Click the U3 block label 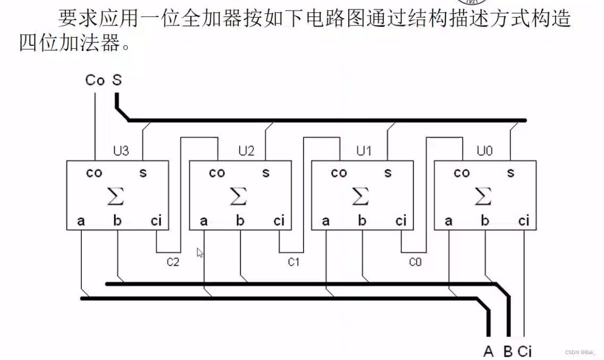coord(121,151)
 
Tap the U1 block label coord(364,151)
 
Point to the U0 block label coord(484,151)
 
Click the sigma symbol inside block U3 coord(115,196)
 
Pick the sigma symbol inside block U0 coord(483,196)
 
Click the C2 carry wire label coord(173,262)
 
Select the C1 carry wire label coord(294,262)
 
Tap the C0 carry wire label coord(415,262)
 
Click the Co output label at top coord(95,80)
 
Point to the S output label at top coord(117,80)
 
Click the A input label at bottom coord(489,351)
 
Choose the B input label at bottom coord(508,351)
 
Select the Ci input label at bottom coord(525,351)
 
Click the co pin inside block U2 coord(217,173)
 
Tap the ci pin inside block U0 coord(524,221)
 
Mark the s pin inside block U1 coord(388,173)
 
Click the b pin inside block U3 coord(117,220)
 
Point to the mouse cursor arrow coord(200,253)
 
